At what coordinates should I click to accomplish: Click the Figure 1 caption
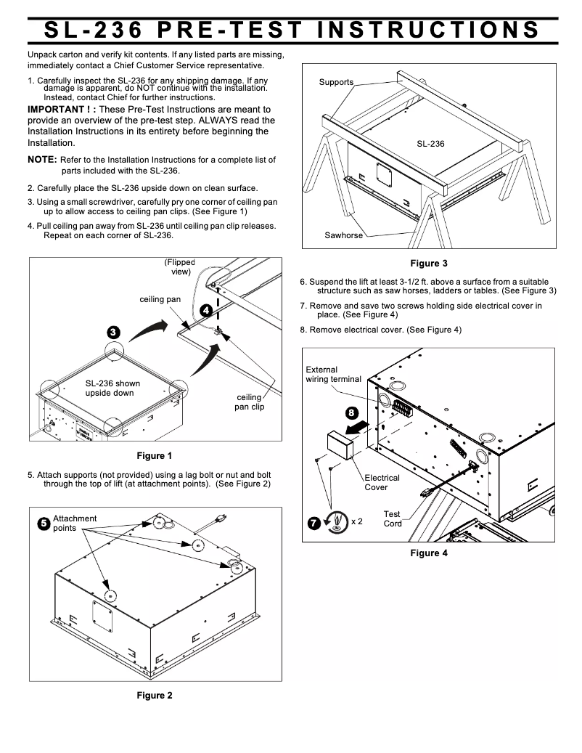tap(155, 457)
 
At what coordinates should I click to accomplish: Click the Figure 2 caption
tap(155, 696)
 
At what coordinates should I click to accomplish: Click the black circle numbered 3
tap(113, 332)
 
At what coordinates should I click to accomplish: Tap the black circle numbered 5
tap(44, 523)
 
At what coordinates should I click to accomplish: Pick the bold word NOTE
tap(42, 160)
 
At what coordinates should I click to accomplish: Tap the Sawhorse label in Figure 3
tap(344, 236)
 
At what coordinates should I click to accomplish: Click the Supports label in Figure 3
tap(336, 82)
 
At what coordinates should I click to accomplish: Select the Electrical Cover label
tap(382, 482)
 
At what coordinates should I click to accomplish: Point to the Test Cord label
tap(392, 518)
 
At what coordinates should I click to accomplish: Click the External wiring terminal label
tap(333, 375)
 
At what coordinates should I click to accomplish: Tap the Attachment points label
tap(74, 524)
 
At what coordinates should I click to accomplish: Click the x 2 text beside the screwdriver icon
tap(356, 521)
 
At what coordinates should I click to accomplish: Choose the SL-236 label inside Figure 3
tap(430, 144)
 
